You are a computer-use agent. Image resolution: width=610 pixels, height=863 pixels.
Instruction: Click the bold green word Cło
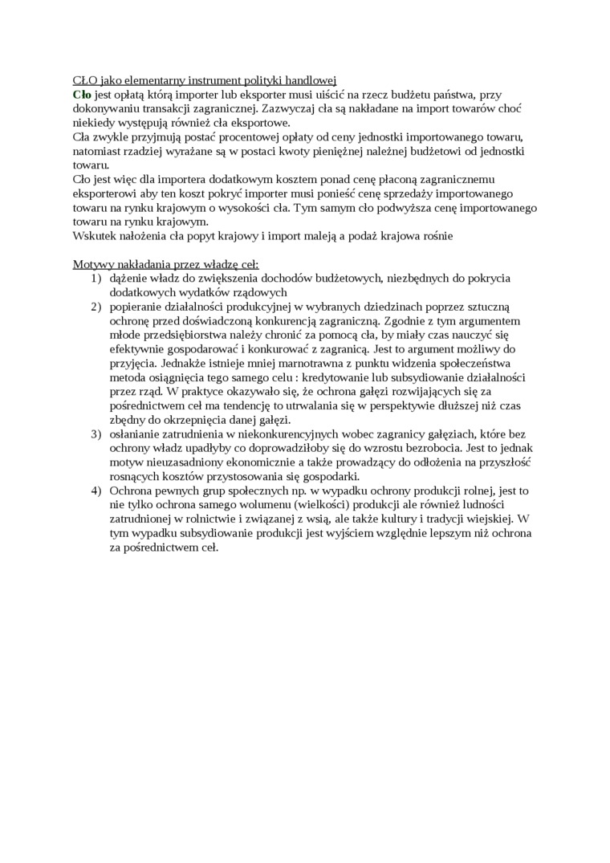click(82, 94)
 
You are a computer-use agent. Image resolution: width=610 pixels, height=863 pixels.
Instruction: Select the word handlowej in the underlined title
click(311, 79)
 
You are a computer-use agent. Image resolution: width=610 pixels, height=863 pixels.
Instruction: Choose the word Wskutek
click(95, 237)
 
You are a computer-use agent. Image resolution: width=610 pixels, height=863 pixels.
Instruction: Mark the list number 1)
click(96, 279)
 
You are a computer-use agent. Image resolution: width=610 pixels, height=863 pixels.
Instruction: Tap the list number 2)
click(96, 307)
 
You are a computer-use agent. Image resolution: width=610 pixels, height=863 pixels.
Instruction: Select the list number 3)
click(96, 434)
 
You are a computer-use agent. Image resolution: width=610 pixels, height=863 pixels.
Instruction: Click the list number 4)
click(96, 491)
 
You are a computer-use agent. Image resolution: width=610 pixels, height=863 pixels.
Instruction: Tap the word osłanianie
click(139, 434)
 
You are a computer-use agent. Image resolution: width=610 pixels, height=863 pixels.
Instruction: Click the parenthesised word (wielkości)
click(290, 505)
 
